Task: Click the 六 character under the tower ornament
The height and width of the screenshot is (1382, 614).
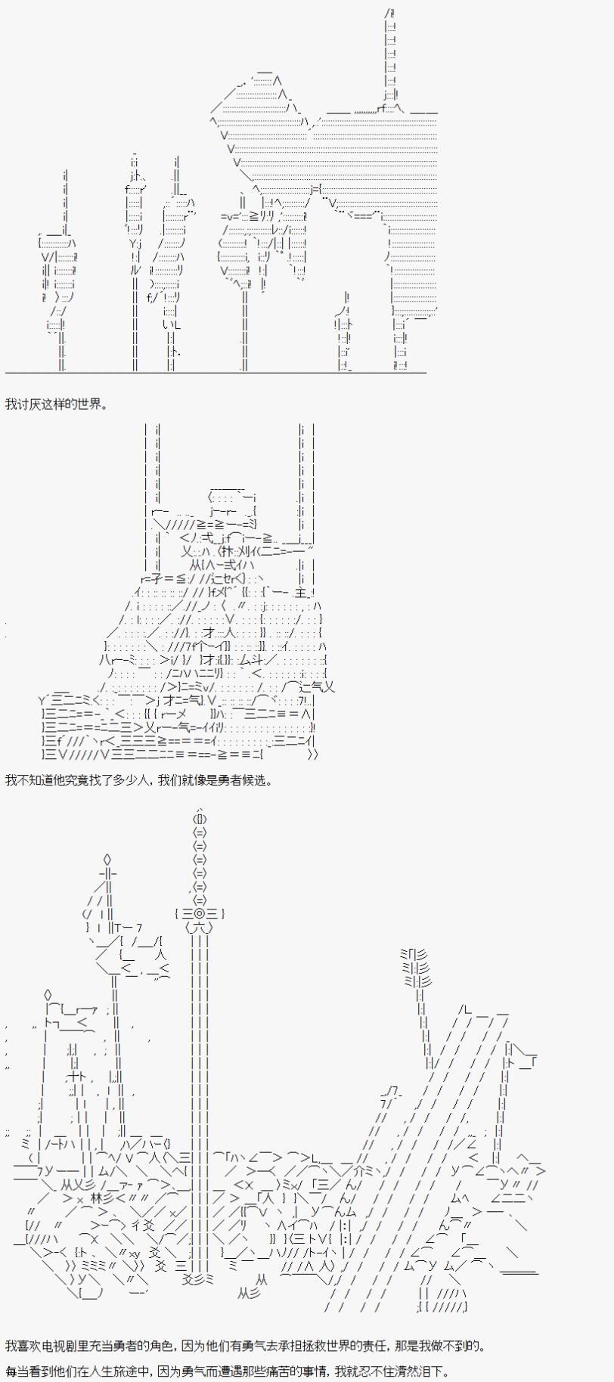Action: [x=199, y=927]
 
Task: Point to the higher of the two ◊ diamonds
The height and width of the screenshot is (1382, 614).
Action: [x=107, y=859]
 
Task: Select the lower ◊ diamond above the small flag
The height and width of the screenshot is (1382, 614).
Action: [x=48, y=994]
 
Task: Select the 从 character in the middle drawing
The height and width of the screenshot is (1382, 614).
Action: [x=196, y=565]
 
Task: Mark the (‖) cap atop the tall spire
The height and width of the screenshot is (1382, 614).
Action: [x=200, y=818]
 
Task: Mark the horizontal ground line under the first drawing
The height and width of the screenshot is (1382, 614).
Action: [x=216, y=372]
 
